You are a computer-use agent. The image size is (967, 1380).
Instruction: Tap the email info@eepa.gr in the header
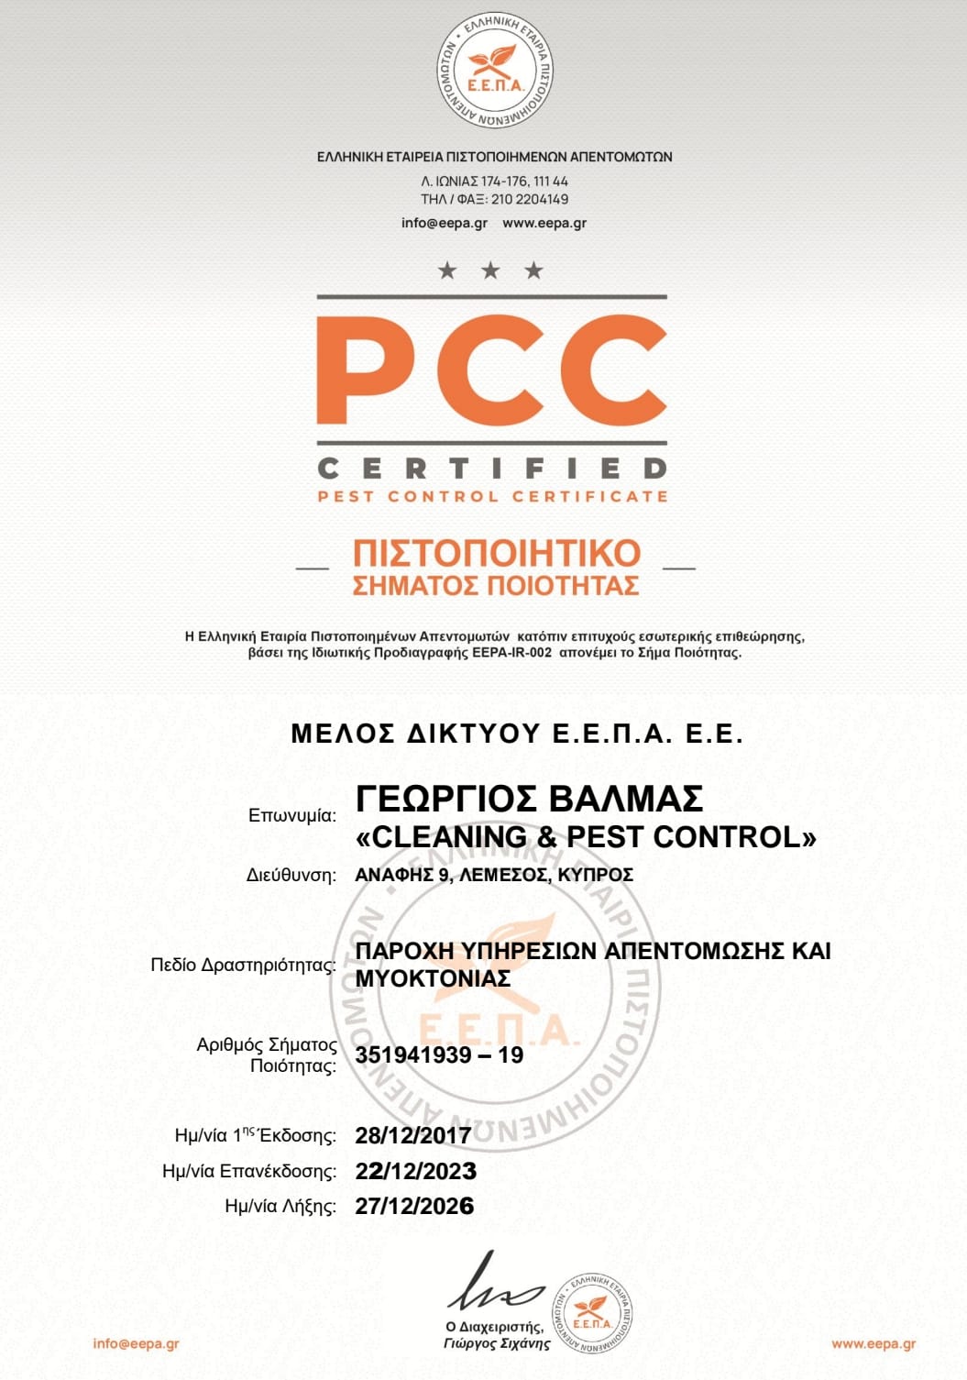coord(444,223)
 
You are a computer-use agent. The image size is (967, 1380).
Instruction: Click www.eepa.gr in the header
coord(544,223)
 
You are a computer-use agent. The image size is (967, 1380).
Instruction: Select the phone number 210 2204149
coord(529,199)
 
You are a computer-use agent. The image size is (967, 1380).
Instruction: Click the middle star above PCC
coord(490,270)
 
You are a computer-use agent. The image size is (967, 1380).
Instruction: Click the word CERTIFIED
coord(492,469)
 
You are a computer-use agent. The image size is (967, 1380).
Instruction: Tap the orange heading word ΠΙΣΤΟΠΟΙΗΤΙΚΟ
coord(497,553)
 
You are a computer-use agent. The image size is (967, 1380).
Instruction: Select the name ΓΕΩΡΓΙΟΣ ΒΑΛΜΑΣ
coord(529,799)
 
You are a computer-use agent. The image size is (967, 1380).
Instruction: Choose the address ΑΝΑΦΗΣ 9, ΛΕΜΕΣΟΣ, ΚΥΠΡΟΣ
coord(494,875)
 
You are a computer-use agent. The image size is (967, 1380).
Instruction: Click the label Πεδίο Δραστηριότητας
coord(243,965)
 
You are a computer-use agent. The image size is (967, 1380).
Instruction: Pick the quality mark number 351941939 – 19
coord(439,1054)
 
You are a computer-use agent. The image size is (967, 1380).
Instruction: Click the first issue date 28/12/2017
coord(412,1135)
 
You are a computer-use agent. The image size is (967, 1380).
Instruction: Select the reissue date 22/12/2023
coord(415,1171)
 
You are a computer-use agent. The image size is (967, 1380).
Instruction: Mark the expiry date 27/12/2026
coord(414,1206)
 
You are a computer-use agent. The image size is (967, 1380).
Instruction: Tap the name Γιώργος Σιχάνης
coord(496,1343)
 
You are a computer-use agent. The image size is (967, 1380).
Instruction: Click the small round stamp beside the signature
coord(591,1314)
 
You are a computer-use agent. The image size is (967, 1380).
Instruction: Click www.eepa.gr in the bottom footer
coord(873,1343)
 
